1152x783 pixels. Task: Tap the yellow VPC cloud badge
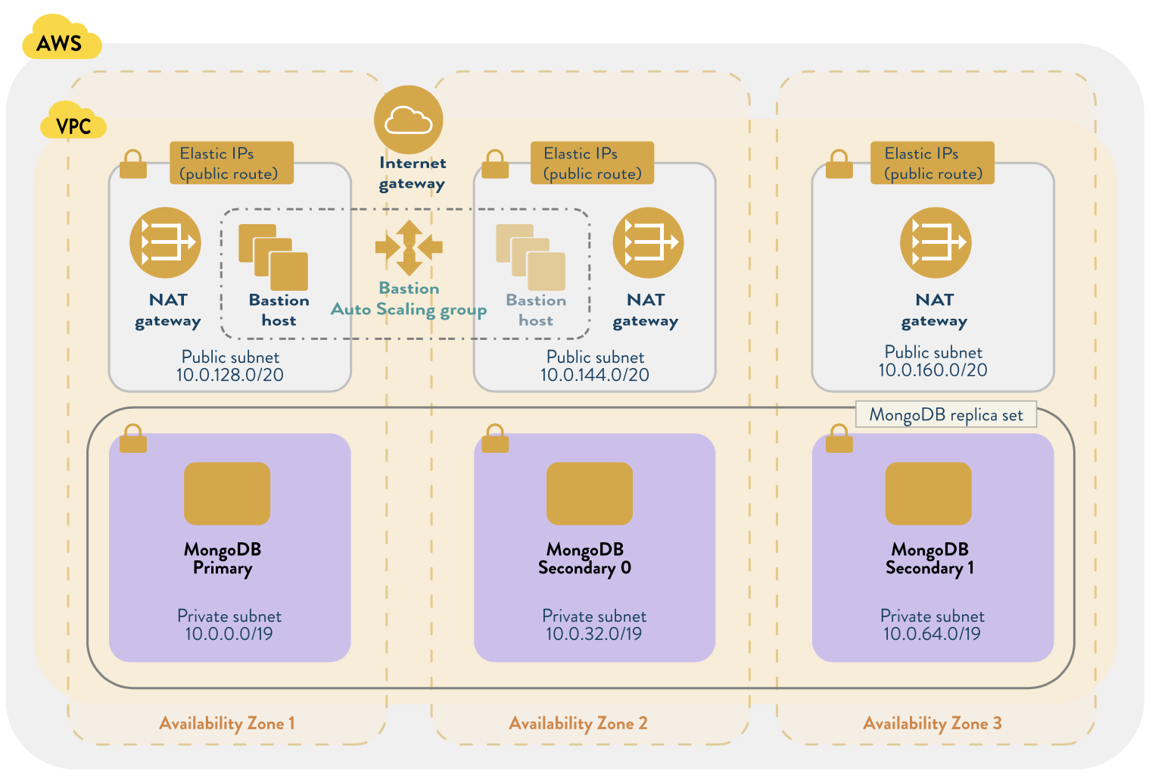[73, 123]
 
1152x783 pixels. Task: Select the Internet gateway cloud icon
[409, 120]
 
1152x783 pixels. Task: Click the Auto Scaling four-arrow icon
[409, 247]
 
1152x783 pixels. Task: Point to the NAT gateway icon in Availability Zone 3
[936, 242]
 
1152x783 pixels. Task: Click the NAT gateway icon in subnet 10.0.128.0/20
[165, 242]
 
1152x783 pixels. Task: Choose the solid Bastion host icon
[273, 257]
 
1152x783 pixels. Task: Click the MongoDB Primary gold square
[227, 493]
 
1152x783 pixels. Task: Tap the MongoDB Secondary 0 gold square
[589, 493]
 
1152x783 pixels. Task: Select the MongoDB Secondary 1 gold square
[928, 493]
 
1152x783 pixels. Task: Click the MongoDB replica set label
[945, 415]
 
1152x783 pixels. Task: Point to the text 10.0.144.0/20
[594, 375]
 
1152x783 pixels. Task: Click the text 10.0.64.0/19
[932, 635]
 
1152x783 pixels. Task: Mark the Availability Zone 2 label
[578, 723]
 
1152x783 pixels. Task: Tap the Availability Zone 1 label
[227, 723]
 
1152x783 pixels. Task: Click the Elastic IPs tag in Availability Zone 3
[932, 163]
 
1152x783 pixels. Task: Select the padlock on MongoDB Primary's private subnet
[133, 438]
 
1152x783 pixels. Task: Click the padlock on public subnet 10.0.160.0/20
[839, 164]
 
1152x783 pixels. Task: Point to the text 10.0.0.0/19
[229, 635]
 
